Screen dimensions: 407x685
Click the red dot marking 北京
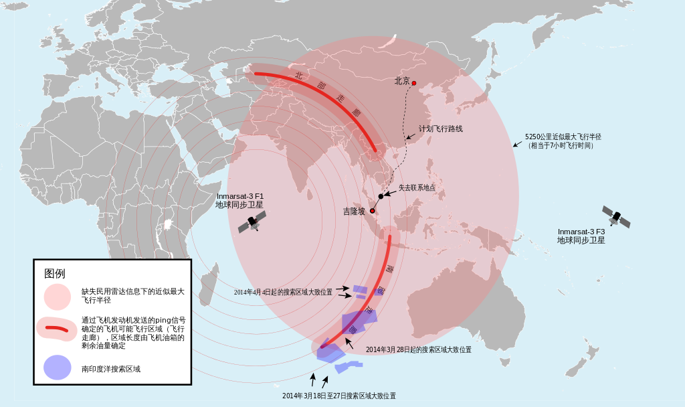(x=414, y=83)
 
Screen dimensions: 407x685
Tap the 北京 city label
(x=402, y=81)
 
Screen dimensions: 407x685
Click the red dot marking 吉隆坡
(x=373, y=212)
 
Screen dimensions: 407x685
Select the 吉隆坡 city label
(x=355, y=212)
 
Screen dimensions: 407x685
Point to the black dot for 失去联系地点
(x=381, y=196)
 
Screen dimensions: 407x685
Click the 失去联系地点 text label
(x=417, y=188)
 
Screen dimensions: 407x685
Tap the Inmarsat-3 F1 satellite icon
(x=253, y=222)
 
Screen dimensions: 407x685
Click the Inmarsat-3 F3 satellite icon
(x=616, y=216)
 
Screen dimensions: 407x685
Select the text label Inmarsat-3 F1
(x=239, y=196)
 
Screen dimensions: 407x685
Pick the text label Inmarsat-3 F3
(x=581, y=232)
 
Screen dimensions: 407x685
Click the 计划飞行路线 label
(x=441, y=129)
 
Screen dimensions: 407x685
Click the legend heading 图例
(x=55, y=274)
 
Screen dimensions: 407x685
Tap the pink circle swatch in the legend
(x=58, y=296)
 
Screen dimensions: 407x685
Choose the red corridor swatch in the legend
(x=57, y=329)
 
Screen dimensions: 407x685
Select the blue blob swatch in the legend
(x=58, y=368)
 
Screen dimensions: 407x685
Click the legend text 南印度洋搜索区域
(x=111, y=369)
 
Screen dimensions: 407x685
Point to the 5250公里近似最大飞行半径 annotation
(x=563, y=136)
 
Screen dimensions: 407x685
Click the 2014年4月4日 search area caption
(x=283, y=293)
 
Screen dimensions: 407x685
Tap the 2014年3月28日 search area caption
(x=419, y=350)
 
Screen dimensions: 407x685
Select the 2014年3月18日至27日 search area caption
(x=338, y=396)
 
